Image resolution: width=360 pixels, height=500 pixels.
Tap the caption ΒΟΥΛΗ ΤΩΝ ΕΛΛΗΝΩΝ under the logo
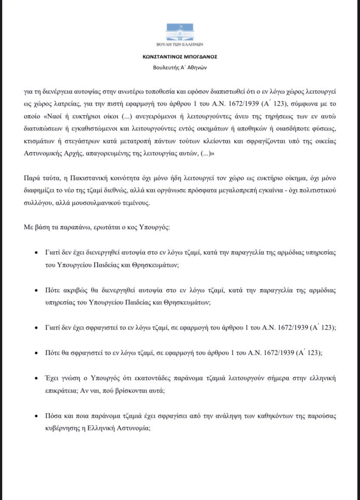[180, 45]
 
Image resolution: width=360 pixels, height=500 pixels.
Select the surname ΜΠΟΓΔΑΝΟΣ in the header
[198, 57]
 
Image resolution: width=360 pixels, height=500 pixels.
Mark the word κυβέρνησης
[61, 427]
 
